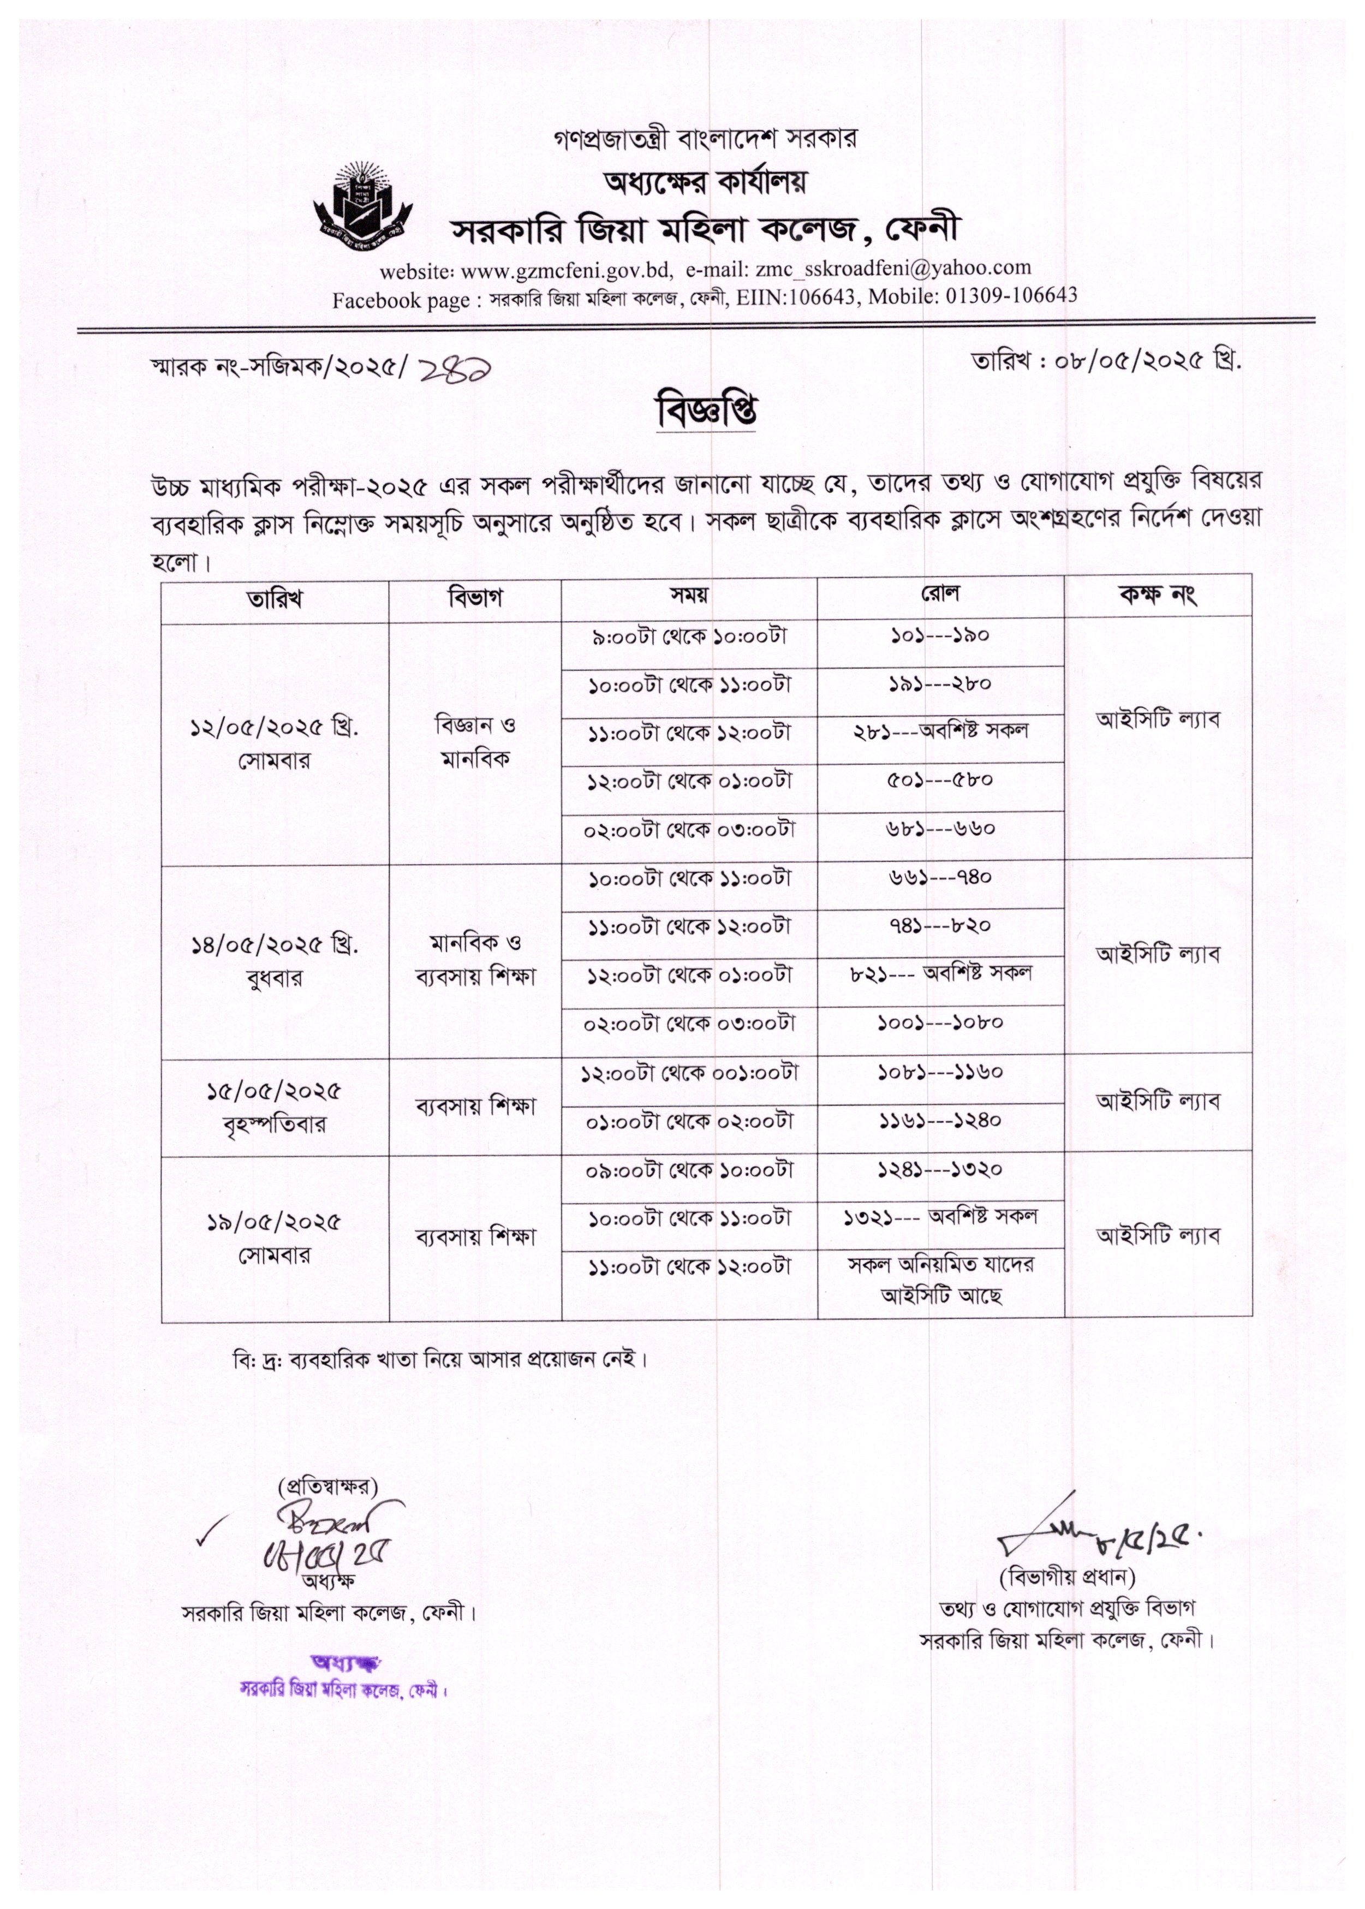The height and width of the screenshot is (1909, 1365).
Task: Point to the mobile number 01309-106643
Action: coord(1011,295)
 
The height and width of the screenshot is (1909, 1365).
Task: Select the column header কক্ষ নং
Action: coord(1158,595)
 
